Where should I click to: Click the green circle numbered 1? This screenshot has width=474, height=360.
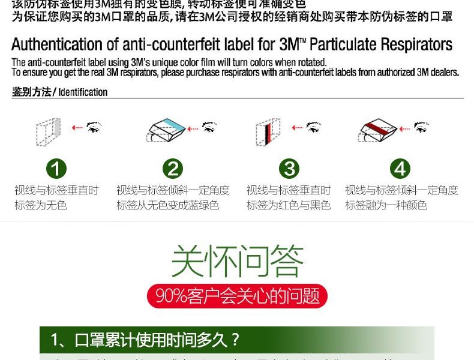pos(56,169)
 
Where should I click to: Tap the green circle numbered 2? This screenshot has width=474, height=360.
pos(173,169)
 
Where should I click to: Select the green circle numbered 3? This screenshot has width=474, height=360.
pos(289,169)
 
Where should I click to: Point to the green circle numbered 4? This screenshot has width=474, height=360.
pos(400,169)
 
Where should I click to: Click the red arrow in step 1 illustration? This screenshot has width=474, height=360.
pos(77,127)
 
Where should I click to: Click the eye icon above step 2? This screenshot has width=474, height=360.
pos(209,127)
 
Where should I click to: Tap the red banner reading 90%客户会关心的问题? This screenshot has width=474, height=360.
pos(237,296)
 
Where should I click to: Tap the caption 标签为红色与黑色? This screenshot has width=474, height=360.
pos(289,205)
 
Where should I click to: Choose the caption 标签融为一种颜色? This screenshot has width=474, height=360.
pos(386,205)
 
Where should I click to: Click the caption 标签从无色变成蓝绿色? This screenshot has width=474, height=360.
pos(167,205)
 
